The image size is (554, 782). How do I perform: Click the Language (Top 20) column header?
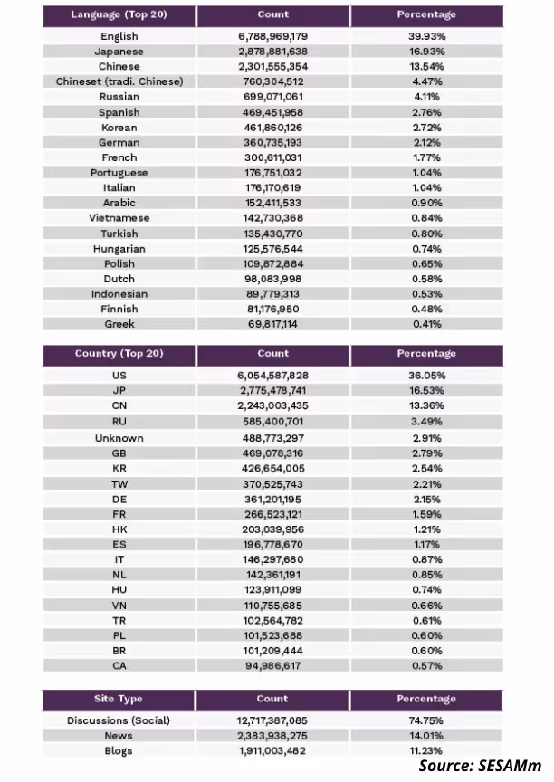coord(119,14)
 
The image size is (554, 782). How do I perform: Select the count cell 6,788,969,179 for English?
coord(272,36)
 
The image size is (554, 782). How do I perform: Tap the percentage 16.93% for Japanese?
coord(426,52)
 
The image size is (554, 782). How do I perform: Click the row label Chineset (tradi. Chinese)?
coord(119,81)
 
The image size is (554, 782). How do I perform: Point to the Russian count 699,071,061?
coord(272,97)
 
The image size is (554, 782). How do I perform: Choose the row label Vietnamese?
coord(119,218)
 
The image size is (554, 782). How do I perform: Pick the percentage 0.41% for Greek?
coord(427,324)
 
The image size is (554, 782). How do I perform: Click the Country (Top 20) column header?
coord(119,354)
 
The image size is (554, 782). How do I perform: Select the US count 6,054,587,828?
coord(272,376)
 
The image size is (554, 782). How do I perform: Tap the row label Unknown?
coord(119,438)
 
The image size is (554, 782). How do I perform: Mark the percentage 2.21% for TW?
coord(427,484)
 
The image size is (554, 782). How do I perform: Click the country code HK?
coord(119,529)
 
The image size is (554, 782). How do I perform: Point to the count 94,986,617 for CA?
coord(272,666)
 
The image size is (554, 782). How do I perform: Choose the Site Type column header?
coord(119,699)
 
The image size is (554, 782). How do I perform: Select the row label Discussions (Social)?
coord(119,720)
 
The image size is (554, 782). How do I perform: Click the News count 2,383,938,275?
coord(272,736)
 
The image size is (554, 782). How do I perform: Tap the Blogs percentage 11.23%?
coord(426,750)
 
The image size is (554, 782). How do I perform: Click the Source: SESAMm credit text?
coord(480,766)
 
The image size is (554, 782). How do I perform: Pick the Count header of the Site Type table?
coord(272,699)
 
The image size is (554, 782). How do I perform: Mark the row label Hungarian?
coord(119,249)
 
